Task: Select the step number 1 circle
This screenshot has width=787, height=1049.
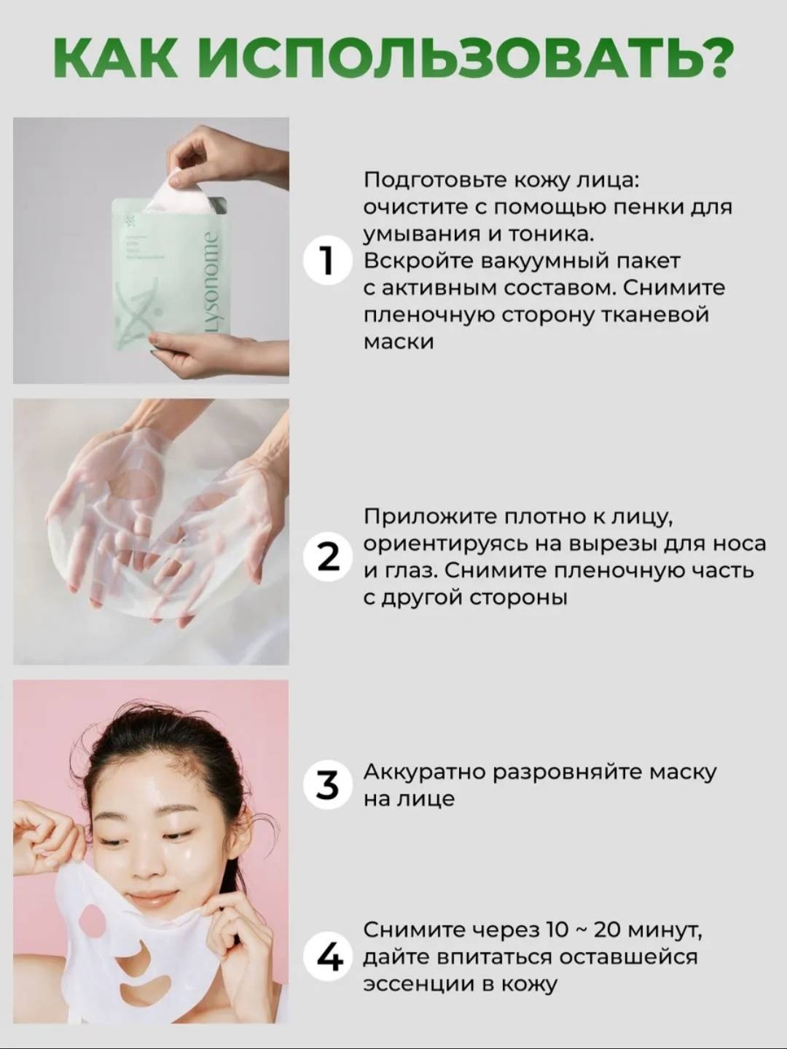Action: [x=328, y=262]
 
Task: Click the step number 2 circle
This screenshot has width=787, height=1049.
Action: [x=328, y=559]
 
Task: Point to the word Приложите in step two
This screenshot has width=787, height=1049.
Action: [x=428, y=517]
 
